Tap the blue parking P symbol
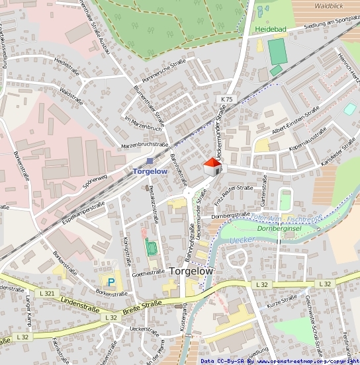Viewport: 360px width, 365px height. tap(111, 282)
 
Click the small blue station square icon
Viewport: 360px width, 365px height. tap(150, 161)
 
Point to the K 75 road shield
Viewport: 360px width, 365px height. tap(225, 99)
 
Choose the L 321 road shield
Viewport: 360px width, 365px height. tap(47, 293)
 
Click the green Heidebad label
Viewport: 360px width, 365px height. tap(270, 30)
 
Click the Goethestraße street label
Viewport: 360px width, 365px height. tap(148, 272)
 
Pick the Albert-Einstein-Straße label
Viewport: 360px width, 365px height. tap(295, 121)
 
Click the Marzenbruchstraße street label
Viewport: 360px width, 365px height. tap(145, 144)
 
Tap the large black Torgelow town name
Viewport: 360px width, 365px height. tap(191, 271)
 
